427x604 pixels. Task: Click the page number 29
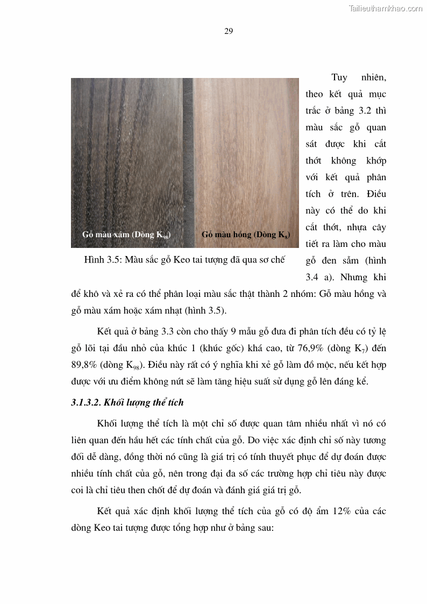tap(228, 31)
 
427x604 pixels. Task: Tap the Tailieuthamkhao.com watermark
tap(386, 8)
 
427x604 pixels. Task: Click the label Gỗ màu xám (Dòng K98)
tap(126, 235)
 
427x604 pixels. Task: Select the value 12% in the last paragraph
tap(339, 511)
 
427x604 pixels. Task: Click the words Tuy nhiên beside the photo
tap(359, 77)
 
